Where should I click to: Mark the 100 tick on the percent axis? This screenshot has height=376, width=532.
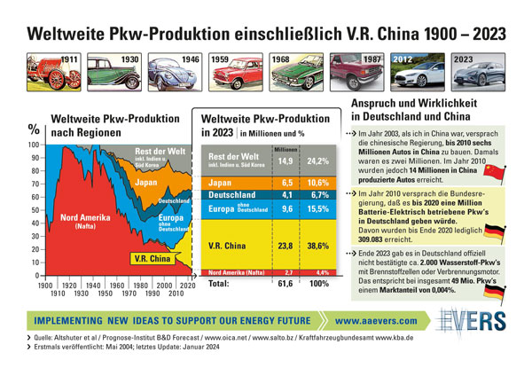coord(34,144)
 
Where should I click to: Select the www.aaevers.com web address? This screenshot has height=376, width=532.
coord(384,319)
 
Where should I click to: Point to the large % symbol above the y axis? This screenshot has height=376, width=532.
coord(35,129)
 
